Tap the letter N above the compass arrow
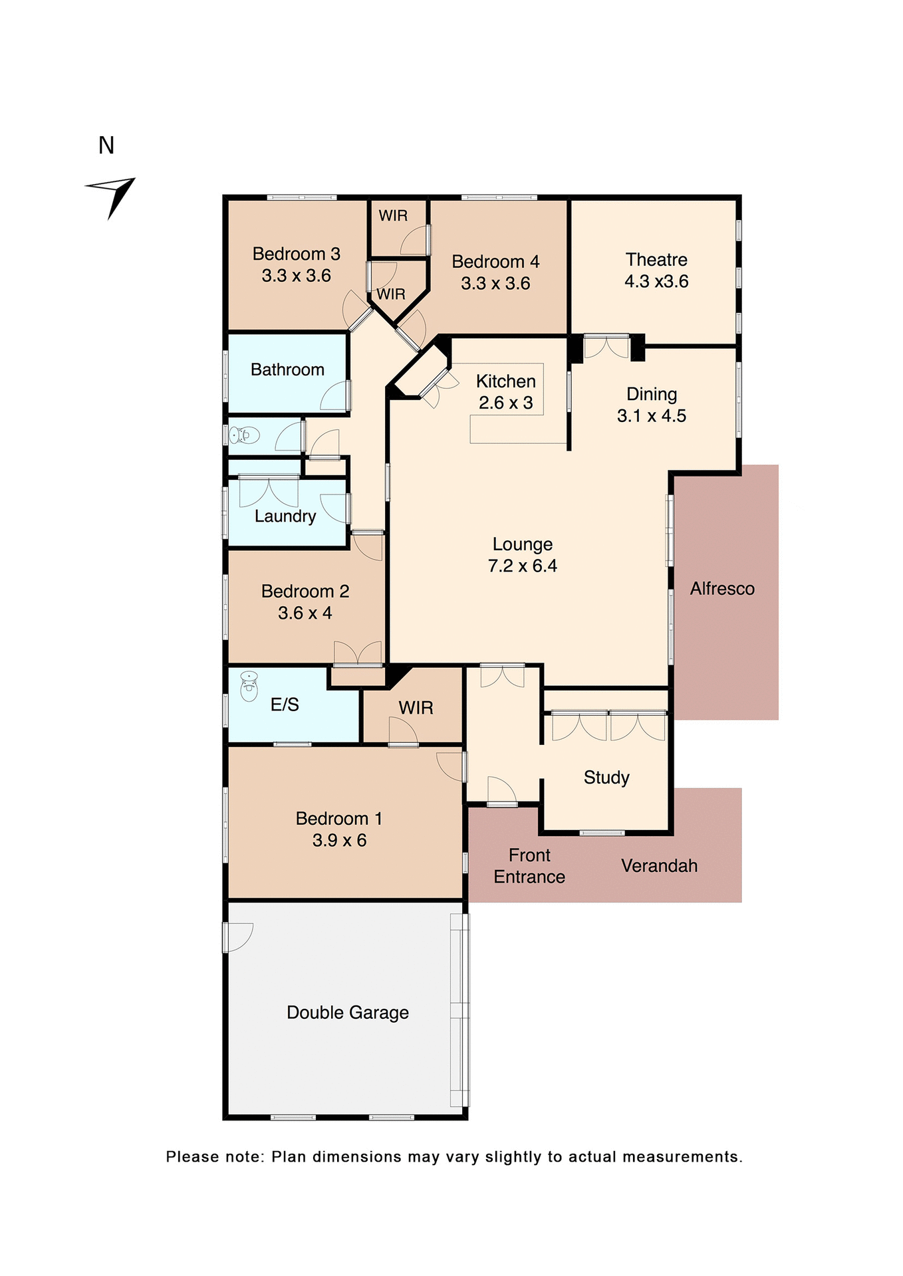(x=106, y=146)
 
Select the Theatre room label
(x=656, y=260)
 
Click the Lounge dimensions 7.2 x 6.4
(x=522, y=566)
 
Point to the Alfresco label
(x=722, y=589)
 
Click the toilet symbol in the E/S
(x=249, y=687)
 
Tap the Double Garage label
(x=347, y=1013)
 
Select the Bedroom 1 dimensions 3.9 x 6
(x=339, y=841)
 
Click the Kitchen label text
(x=505, y=381)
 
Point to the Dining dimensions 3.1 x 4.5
(x=651, y=416)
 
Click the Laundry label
(x=285, y=516)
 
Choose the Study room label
(x=606, y=778)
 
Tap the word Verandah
(x=659, y=866)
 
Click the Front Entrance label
(x=529, y=866)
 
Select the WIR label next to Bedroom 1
(x=416, y=708)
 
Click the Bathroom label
(x=287, y=370)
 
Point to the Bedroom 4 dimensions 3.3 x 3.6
(x=495, y=284)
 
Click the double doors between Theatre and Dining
(x=606, y=347)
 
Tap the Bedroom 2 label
(x=305, y=591)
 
